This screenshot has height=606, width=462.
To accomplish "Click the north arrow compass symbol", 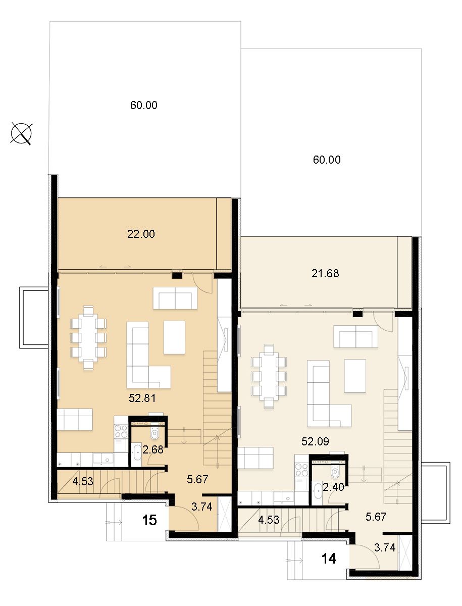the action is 21,134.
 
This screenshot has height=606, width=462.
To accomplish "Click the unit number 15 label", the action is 149,520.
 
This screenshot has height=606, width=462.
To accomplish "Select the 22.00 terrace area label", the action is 141,234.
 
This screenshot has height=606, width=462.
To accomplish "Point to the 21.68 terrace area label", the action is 325,273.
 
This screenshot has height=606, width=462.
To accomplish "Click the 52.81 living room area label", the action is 142,398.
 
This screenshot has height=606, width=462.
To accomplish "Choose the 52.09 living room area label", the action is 315,441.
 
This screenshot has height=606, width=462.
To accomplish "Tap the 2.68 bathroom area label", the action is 153,450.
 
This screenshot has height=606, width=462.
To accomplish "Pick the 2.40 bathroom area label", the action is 333,487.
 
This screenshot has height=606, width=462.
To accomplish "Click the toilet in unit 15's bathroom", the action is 155,433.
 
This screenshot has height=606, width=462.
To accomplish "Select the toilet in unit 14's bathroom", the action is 335,472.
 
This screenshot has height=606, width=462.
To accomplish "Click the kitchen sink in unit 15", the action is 102,459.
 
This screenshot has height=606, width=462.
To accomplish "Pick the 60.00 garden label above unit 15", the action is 144,105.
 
